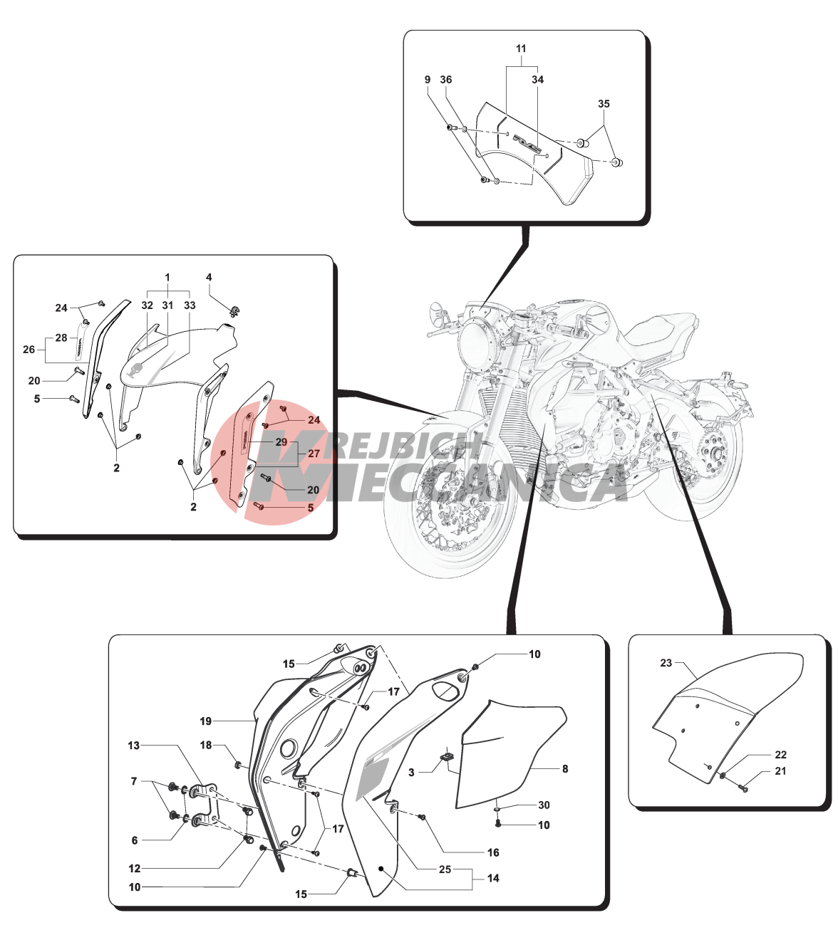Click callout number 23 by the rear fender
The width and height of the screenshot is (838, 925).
(666, 663)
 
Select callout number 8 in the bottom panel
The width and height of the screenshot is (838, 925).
(565, 768)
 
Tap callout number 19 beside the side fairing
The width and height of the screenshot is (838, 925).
(206, 721)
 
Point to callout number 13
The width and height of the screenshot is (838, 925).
(134, 745)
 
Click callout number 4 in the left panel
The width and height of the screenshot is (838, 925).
(209, 277)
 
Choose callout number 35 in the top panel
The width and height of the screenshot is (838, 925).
(604, 104)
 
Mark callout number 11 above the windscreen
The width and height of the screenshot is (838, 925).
(521, 48)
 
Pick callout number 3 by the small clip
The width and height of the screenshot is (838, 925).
(411, 773)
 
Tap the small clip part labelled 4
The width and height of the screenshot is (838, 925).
(234, 312)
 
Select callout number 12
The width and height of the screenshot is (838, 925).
(134, 868)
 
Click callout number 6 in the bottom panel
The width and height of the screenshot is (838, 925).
(134, 840)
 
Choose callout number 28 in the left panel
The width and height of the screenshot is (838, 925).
(61, 338)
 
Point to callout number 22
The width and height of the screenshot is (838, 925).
(780, 754)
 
